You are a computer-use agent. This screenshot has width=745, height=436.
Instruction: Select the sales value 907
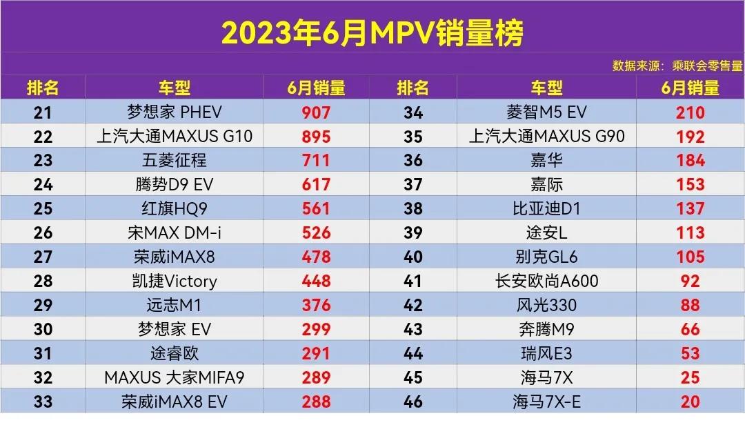click(316, 112)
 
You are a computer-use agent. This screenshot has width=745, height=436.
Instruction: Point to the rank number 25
click(43, 209)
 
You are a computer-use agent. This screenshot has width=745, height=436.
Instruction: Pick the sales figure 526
click(316, 233)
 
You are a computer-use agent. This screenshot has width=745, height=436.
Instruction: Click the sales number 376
click(316, 306)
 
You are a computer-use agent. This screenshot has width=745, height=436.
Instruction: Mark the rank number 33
click(43, 402)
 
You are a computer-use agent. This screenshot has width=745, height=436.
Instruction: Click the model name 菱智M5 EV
click(546, 112)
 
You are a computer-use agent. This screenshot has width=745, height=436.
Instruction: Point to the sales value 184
click(690, 161)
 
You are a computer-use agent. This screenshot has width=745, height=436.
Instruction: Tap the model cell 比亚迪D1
click(546, 209)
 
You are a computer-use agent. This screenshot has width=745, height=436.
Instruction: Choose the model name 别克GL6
click(546, 257)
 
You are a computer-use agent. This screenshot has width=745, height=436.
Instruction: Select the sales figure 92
click(690, 281)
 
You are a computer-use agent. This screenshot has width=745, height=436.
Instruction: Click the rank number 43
click(413, 330)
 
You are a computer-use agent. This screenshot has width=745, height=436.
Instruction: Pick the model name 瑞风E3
click(546, 353)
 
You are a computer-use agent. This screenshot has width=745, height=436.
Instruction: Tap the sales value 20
click(690, 402)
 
